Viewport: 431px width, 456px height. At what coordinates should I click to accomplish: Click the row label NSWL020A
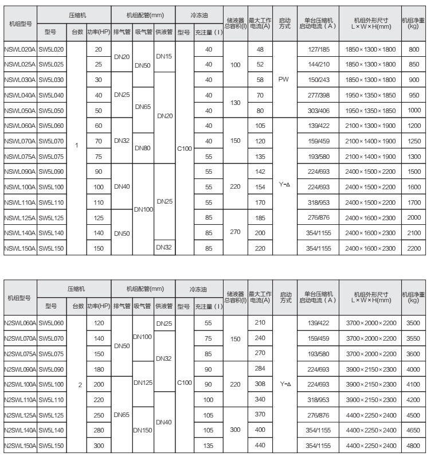[x=19, y=50]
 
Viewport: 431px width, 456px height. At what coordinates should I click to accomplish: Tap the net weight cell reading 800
[x=413, y=50]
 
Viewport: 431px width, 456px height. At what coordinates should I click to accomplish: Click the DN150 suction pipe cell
[x=143, y=428]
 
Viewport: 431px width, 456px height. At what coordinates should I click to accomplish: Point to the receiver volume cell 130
[x=234, y=102]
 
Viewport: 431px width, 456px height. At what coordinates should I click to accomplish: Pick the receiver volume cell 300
[x=234, y=428]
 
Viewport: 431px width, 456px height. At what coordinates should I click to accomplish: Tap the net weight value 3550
[x=413, y=338]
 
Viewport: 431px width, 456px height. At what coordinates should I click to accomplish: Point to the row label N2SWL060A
[x=21, y=324]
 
